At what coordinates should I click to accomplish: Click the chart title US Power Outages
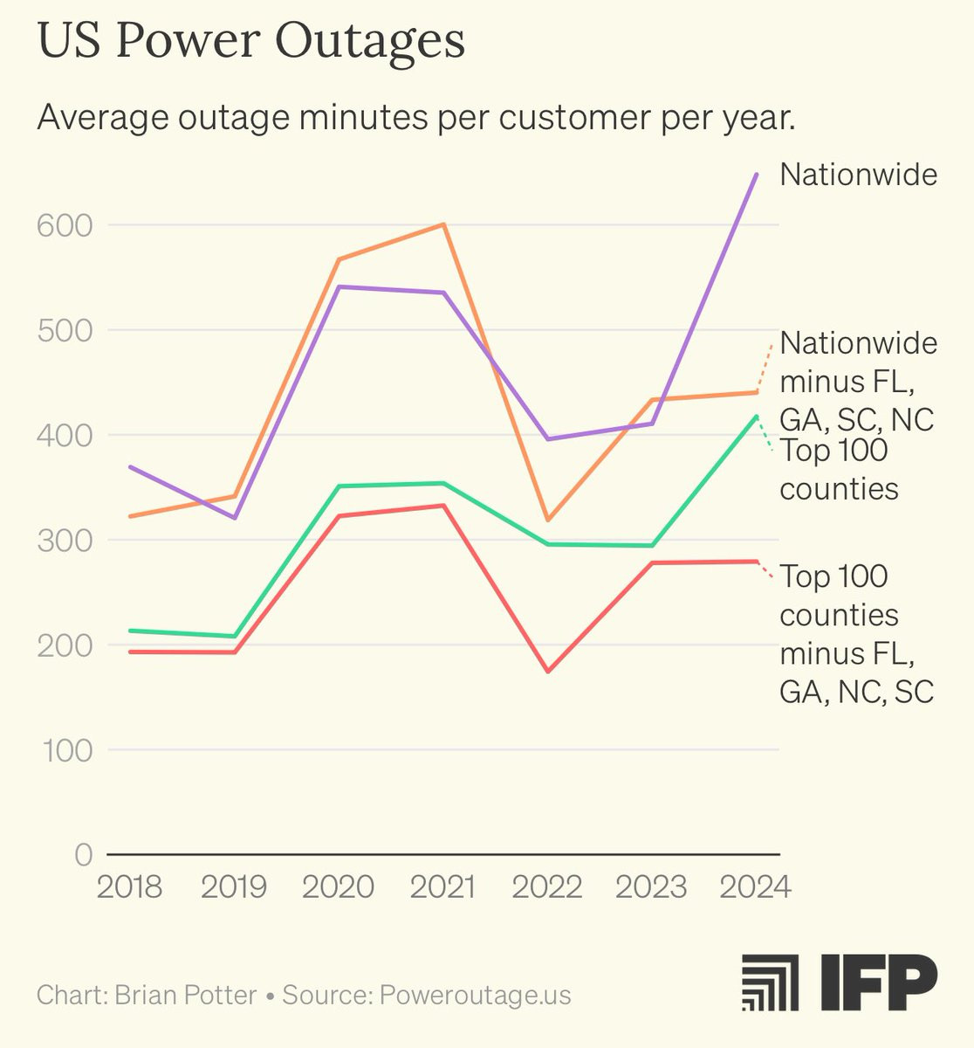(251, 42)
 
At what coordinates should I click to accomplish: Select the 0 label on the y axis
(84, 854)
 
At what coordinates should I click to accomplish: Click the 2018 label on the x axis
(129, 886)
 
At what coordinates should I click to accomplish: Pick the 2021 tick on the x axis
(443, 886)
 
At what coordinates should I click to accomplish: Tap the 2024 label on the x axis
(756, 886)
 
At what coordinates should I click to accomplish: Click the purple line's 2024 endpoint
(757, 175)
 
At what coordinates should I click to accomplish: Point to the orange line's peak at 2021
(443, 224)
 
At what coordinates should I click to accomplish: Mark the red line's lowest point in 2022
(548, 672)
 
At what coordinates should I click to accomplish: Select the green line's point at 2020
(340, 486)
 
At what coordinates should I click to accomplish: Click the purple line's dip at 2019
(235, 518)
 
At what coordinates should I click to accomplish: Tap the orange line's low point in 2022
(548, 520)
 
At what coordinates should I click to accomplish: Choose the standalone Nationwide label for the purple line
(859, 175)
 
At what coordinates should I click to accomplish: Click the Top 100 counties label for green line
(839, 470)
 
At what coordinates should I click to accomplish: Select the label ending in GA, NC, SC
(857, 634)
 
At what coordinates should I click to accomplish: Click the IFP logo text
(879, 982)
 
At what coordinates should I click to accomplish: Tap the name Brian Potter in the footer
(186, 995)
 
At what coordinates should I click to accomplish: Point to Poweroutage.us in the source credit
(475, 996)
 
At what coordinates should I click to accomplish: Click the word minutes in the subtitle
(364, 117)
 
